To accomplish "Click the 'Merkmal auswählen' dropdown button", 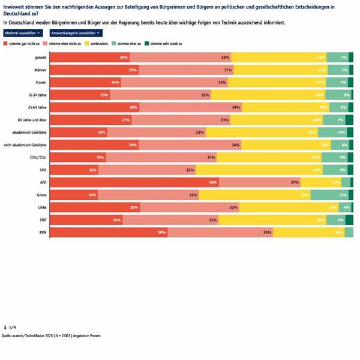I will click(23, 32).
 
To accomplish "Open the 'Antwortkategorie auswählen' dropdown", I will click(72, 32).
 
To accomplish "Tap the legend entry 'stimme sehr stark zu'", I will click(164, 44).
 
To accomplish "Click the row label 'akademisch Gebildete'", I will click(31, 132).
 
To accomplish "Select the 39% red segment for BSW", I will click(108, 232).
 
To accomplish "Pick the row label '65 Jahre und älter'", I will click(32, 119).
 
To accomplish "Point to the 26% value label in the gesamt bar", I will click(124, 57).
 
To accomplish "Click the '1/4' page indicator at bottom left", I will click(11, 327).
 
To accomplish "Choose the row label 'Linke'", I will click(43, 208).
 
